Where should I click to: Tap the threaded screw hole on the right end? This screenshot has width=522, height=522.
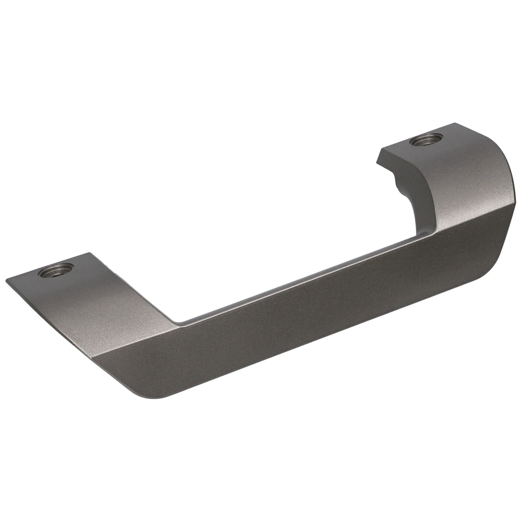coord(426,140)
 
